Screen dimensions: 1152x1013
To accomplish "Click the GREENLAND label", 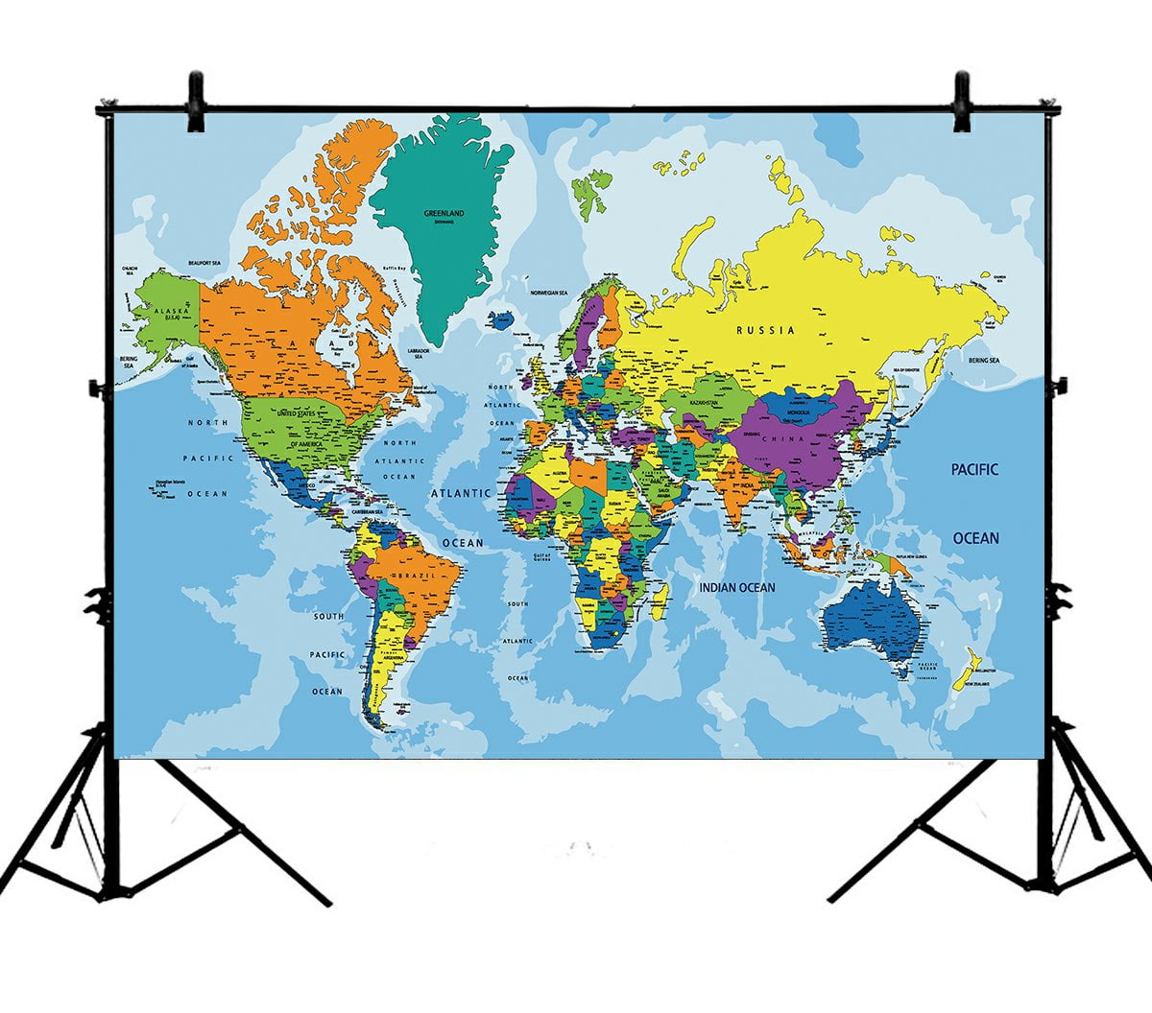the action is (x=444, y=213).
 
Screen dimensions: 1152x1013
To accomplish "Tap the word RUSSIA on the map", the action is (x=765, y=330).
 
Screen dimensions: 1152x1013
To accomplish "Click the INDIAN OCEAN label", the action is (x=736, y=587).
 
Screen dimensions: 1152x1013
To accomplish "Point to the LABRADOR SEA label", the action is (x=418, y=354).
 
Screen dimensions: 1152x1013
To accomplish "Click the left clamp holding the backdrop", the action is (x=196, y=101).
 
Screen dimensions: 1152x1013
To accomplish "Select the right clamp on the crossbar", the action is (x=961, y=102).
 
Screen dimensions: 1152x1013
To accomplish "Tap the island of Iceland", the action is (x=498, y=319).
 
